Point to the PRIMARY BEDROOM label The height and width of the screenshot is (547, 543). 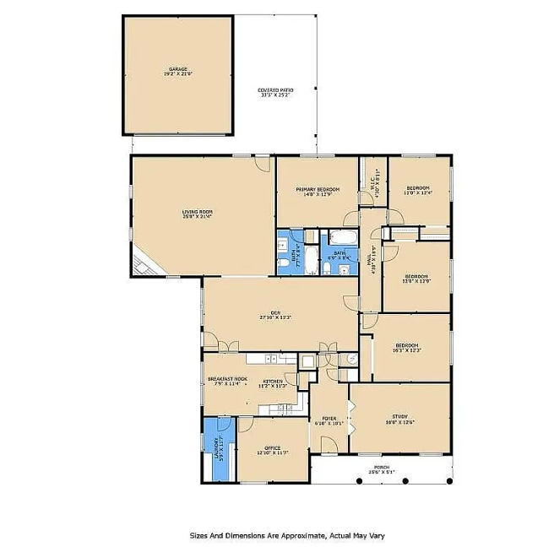coord(318,192)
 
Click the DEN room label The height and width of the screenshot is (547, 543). coord(275,315)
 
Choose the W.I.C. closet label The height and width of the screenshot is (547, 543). coord(374,178)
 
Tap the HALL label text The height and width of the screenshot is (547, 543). coord(372,260)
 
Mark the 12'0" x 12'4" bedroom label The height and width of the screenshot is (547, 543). coord(417,190)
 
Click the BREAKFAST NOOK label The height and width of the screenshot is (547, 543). coord(226,382)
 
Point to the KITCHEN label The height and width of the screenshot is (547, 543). coord(274,383)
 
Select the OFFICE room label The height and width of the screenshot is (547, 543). coord(272,450)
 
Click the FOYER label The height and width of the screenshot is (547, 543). coord(329,420)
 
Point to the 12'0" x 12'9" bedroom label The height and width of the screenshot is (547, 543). coord(416,279)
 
